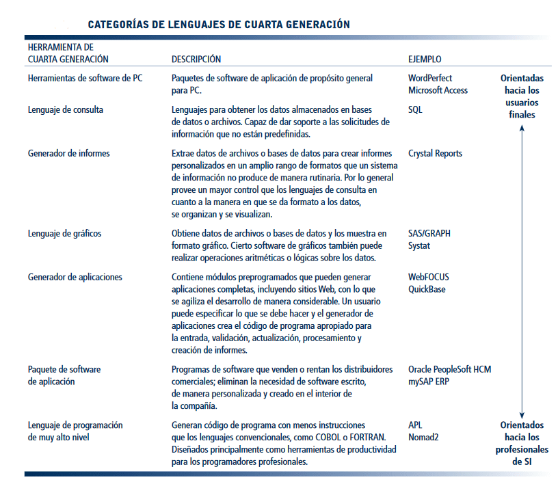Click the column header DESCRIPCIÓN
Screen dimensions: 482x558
coord(196,59)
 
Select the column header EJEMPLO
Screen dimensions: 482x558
coord(425,59)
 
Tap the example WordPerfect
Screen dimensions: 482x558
coord(430,78)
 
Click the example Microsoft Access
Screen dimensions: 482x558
coord(438,90)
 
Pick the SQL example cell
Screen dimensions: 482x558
coord(416,109)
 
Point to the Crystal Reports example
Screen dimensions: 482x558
coord(435,154)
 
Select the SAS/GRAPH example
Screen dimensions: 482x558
coord(429,233)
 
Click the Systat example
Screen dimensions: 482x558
coord(419,245)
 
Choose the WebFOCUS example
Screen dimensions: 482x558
coord(429,277)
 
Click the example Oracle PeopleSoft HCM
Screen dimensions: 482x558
coord(449,369)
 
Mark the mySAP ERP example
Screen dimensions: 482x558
coord(429,381)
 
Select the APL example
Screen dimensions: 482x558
coord(416,425)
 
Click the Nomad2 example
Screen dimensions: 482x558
coord(424,437)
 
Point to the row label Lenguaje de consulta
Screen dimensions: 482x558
coord(66,109)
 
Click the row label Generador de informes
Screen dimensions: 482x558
coord(69,154)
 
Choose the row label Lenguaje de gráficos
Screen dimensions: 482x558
coord(64,233)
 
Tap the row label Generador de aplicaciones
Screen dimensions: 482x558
coord(75,277)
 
